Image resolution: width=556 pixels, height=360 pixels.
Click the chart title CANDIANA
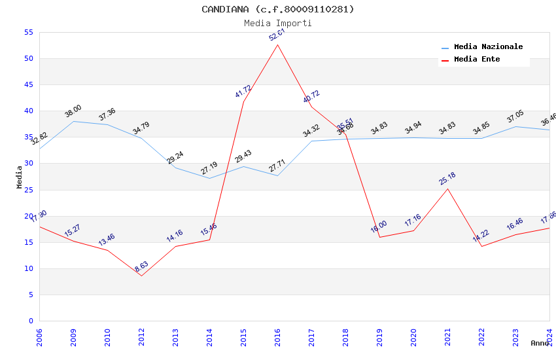(x=278, y=9)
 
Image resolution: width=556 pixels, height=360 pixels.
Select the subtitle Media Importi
(x=278, y=23)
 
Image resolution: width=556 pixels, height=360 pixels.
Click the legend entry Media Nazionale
(x=488, y=47)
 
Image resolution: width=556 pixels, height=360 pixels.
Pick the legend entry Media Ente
(x=477, y=60)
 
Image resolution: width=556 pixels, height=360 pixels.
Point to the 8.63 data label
(x=142, y=266)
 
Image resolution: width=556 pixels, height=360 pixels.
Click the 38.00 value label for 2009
(x=73, y=111)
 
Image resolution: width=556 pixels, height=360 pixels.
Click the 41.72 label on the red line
(x=243, y=92)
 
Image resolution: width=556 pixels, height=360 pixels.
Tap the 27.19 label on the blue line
(x=209, y=168)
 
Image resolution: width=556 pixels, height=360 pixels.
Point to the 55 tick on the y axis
(x=28, y=33)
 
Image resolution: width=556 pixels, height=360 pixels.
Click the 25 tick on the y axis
(x=28, y=190)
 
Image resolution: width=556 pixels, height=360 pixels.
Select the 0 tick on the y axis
(x=31, y=321)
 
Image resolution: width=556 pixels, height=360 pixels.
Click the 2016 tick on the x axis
(x=277, y=337)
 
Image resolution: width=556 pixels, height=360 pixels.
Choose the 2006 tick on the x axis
(x=39, y=337)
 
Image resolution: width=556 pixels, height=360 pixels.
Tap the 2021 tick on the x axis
(x=447, y=337)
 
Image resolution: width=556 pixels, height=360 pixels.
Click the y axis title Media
(x=20, y=177)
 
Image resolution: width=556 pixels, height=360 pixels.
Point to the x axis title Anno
(x=540, y=343)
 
